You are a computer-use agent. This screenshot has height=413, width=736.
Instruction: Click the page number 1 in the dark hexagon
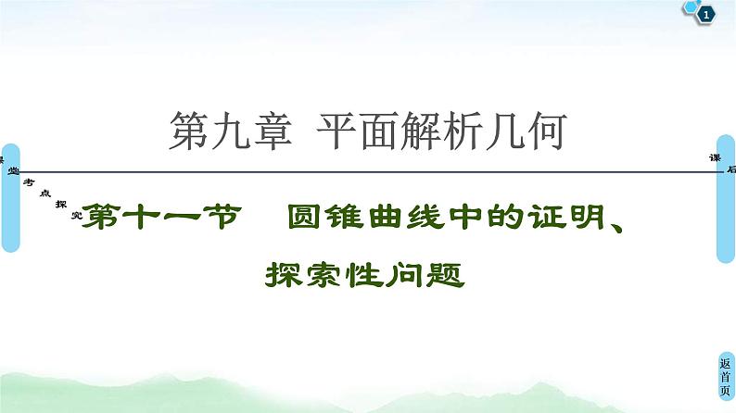707,14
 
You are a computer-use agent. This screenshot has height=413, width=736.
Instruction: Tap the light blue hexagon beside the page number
692,8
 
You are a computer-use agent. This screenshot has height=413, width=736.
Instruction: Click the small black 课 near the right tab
715,156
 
